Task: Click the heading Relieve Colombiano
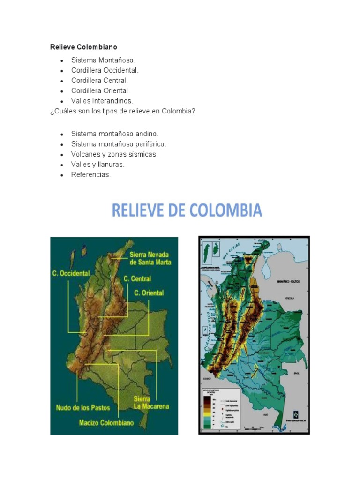coord(83,47)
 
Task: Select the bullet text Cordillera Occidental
coord(105,70)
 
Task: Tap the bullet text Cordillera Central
coord(99,80)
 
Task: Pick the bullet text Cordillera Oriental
coord(100,90)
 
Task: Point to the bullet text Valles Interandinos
coord(102,101)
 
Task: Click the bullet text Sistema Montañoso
coord(103,60)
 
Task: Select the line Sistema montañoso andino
coord(115,134)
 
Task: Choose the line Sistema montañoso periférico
coord(119,144)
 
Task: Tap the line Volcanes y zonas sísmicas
coord(114,154)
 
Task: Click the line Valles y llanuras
coord(97,165)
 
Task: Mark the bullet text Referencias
coord(91,174)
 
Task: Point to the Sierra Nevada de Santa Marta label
coord(150,258)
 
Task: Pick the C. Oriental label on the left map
coord(149,293)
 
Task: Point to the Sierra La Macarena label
coord(151,402)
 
